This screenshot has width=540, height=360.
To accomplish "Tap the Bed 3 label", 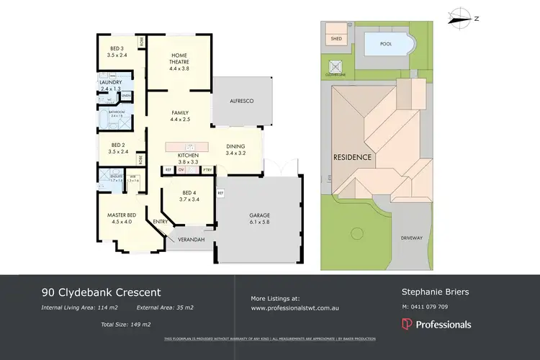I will click(116, 50).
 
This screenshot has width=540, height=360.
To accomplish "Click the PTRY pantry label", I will click(207, 170).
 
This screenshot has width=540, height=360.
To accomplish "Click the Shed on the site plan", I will click(336, 38).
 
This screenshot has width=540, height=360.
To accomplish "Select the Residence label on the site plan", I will click(352, 157).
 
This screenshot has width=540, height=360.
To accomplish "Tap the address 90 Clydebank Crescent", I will click(101, 292).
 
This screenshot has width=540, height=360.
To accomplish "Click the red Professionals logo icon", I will click(407, 325).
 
